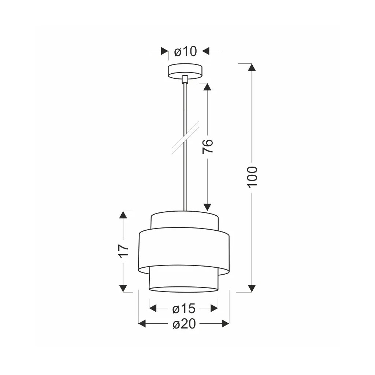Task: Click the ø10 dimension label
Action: pos(186,51)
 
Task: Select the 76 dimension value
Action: pos(207,146)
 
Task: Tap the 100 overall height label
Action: pos(252,177)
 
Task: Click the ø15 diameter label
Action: pos(184,308)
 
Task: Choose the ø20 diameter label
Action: pos(184,324)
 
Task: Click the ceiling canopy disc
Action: pos(185,71)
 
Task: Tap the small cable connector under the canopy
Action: pos(185,79)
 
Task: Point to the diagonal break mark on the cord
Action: pos(185,138)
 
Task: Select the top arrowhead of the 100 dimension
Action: pos(252,67)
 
